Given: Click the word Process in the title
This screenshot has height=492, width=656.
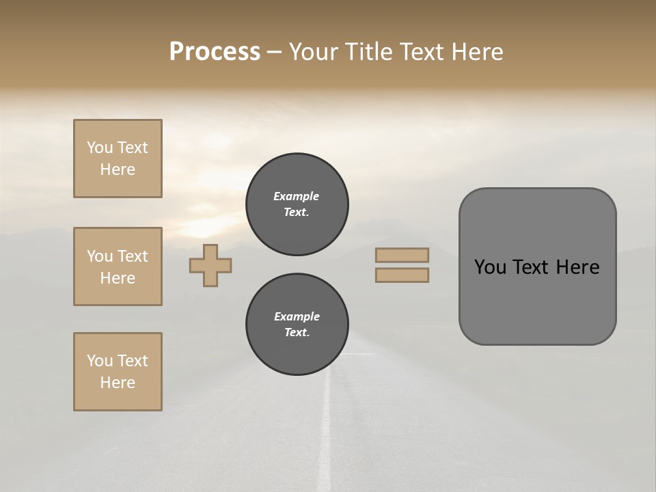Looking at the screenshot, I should tap(215, 51).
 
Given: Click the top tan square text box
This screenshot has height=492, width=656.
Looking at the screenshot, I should tap(118, 159).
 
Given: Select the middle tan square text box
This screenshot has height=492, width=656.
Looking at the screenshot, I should tap(118, 266).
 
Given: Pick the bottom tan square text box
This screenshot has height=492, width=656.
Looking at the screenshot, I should tap(118, 372).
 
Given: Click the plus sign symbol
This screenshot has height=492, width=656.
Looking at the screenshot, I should tap(210, 265).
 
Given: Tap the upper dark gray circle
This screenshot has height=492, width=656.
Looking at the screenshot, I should tap(297, 204).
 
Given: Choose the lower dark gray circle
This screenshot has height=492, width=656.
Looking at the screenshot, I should tap(297, 325).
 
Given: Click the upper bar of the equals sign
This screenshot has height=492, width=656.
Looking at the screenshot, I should tap(402, 256).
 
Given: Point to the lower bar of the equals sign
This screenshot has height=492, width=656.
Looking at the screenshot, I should tap(402, 275).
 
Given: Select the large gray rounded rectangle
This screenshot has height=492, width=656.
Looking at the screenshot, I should tap(537, 266).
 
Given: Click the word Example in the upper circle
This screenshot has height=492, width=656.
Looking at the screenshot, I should tap(297, 196).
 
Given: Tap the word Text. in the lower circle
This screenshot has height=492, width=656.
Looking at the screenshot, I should tap(297, 333).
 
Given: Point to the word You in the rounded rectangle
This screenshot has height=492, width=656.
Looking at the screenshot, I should tap(489, 267).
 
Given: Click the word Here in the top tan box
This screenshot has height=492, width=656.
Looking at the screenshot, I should tap(118, 169).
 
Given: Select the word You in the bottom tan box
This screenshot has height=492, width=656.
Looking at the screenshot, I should tap(100, 361).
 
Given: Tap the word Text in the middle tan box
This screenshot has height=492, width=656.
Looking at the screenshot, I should tap(133, 256).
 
